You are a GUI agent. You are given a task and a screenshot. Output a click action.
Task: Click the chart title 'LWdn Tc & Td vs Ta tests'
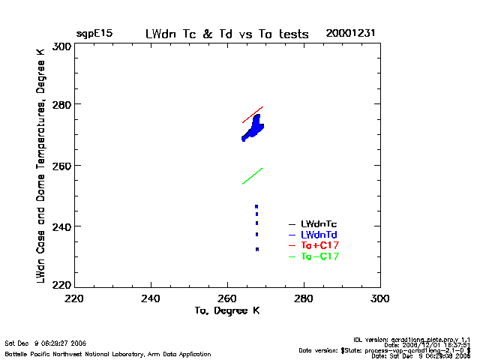coord(227,34)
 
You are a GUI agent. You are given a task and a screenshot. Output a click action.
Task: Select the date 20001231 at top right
coord(350,34)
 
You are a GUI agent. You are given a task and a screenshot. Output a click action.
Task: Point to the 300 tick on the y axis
coord(62,46)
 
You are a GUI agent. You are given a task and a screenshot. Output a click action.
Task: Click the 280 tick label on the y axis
coord(62,104)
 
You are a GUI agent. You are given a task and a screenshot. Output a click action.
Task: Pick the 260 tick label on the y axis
coord(62,165)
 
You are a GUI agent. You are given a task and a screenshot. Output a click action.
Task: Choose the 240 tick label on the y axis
coord(62,226)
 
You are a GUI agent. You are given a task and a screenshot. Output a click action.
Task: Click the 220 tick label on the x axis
coord(74,298)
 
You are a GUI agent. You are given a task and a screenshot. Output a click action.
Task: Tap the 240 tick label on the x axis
coord(151,298)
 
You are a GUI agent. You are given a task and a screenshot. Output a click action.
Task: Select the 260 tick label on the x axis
coord(228,298)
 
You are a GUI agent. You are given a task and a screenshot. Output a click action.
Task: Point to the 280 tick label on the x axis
coord(304,298)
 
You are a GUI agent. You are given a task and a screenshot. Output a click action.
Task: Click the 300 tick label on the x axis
coord(380,298)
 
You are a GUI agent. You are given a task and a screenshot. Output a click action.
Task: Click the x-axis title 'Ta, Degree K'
coord(227,310)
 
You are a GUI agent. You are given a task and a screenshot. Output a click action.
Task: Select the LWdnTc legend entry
coord(319,223)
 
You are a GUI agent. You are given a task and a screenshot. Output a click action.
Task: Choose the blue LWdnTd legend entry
coord(319,235)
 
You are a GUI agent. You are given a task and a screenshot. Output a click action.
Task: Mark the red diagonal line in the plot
coord(253,114)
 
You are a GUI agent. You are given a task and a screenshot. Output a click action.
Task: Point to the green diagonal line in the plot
coord(253,175)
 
